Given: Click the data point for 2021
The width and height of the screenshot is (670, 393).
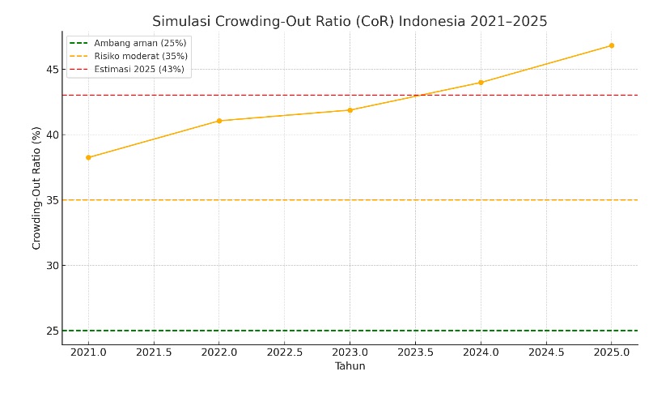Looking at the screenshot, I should tap(88, 157).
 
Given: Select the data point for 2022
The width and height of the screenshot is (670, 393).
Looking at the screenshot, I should tap(219, 121).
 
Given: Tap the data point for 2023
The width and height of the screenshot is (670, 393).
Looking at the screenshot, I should tap(350, 110).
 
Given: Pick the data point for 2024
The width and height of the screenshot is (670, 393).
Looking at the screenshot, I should tap(481, 83).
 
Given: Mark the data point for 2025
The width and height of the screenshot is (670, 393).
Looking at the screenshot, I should tap(611, 45).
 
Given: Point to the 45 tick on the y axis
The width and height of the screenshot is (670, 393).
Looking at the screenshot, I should tap(50, 70).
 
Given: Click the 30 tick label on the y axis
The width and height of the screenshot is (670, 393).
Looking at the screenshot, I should tap(50, 266).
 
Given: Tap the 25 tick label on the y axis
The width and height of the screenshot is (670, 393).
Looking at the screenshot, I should tap(50, 331).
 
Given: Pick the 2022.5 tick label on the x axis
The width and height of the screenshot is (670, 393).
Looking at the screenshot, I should tap(284, 353).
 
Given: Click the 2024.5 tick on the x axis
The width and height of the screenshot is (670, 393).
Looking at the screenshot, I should tap(545, 353).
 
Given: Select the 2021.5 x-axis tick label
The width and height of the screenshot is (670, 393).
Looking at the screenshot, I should tap(154, 353).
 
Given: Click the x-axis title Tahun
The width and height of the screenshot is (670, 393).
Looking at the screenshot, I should tap(350, 366).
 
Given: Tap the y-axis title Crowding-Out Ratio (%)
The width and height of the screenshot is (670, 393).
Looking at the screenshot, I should tap(36, 188).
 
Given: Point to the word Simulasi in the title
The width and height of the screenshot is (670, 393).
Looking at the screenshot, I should tap(182, 22).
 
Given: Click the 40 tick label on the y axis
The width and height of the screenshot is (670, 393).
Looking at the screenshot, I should tap(50, 135).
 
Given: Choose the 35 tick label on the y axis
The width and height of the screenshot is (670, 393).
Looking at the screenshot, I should tap(50, 200).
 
